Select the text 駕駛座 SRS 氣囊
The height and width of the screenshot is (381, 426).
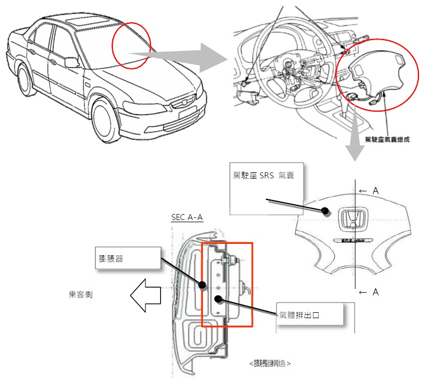click(x=263, y=176)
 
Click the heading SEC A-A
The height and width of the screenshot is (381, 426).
click(x=187, y=217)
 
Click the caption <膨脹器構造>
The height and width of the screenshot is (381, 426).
click(x=270, y=363)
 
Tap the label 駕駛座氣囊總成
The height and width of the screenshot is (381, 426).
click(x=387, y=139)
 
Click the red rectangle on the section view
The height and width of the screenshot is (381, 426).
click(x=227, y=285)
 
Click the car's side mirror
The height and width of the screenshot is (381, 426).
click(x=72, y=62)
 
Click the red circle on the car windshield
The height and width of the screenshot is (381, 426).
click(x=131, y=46)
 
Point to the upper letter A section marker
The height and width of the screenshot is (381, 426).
click(x=375, y=191)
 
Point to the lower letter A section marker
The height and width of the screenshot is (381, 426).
click(x=375, y=292)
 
